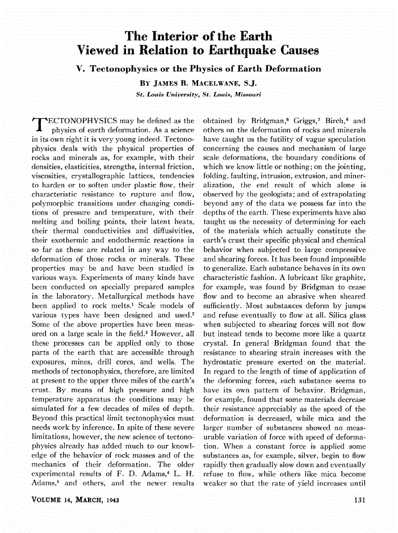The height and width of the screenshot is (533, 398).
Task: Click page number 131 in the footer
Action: pyautogui.click(x=358, y=500)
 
